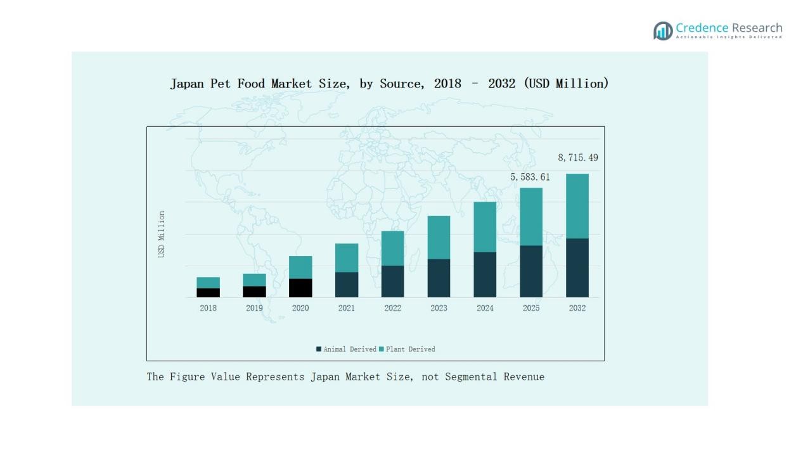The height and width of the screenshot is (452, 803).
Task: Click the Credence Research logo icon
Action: point(663,30)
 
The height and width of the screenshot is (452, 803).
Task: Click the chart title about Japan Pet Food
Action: point(389,84)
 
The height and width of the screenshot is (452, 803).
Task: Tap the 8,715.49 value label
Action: point(577,158)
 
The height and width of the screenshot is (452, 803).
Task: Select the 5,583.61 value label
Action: point(530,178)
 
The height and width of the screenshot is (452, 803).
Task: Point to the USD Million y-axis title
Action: point(162,234)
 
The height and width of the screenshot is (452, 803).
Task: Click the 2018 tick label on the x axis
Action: point(208,308)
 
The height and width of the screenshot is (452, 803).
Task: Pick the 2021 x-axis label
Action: point(347,308)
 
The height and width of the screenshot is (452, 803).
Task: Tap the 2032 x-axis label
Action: point(577,308)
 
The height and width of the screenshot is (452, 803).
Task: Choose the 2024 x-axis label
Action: point(485,308)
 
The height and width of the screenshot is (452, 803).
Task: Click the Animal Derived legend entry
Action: point(346,349)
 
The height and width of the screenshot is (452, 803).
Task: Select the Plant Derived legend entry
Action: point(407,349)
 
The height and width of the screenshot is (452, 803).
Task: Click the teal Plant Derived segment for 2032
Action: point(577,206)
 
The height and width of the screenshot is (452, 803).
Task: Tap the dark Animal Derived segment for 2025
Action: point(531,271)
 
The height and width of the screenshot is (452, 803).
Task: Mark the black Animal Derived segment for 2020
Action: point(300,288)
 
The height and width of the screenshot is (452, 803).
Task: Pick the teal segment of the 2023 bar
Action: point(439,238)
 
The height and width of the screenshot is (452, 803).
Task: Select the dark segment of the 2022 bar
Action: point(392,281)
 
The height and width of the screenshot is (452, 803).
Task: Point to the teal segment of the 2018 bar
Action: point(208,283)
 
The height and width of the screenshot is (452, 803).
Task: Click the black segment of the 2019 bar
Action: point(254,292)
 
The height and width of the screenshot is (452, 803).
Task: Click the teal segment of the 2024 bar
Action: point(485,227)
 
